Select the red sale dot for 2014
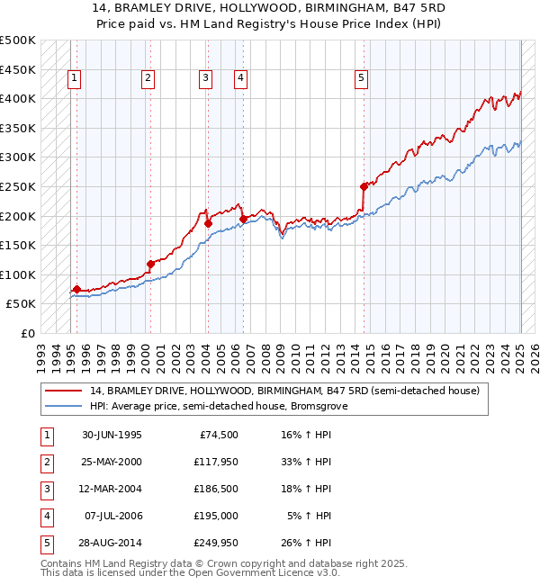364,186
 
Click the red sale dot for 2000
150,264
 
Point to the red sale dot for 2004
208,223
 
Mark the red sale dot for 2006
243,219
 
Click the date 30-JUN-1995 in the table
112,435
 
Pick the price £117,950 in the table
213,462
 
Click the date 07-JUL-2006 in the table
112,516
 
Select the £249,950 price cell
213,543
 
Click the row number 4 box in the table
46,516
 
